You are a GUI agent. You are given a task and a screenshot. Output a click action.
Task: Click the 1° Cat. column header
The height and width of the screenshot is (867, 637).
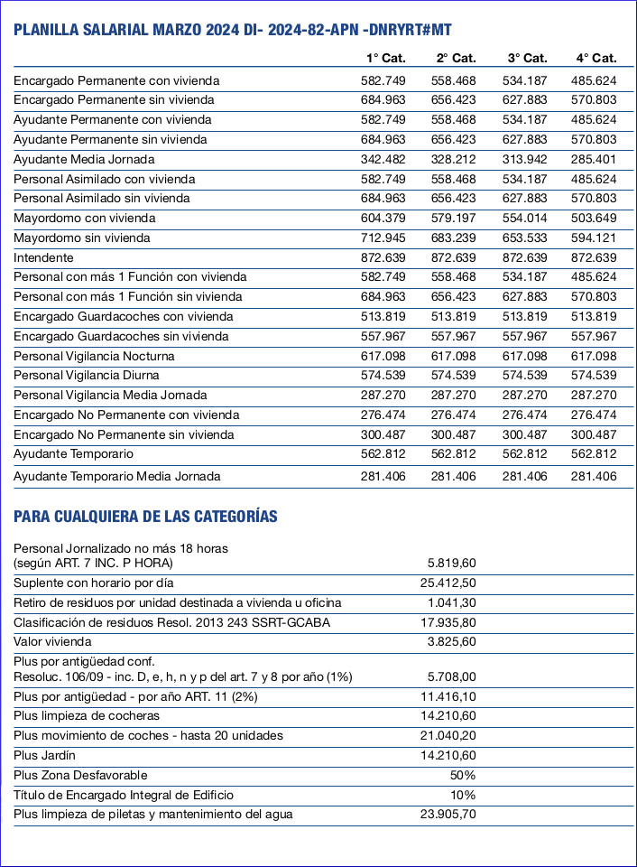[386, 58]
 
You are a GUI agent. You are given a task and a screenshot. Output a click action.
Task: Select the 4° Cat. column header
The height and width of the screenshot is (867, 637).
[596, 58]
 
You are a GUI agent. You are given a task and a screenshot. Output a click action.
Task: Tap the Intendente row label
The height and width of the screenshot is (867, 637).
[43, 257]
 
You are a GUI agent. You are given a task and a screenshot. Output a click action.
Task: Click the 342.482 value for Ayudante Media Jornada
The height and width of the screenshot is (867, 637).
[383, 159]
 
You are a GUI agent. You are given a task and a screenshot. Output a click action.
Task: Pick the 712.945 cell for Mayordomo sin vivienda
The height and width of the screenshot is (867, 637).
[383, 238]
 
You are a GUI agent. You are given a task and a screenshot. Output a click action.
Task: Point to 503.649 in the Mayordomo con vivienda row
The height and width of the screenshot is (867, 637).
[594, 218]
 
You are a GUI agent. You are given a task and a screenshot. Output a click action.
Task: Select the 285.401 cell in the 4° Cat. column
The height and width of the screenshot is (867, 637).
[594, 159]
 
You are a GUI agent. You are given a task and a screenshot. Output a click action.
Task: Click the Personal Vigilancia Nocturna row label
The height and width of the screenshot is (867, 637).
[94, 356]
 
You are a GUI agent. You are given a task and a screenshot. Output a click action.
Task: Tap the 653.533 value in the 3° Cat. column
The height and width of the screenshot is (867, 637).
[525, 238]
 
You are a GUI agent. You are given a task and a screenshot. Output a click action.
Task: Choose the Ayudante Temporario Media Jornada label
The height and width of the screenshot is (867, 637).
[116, 476]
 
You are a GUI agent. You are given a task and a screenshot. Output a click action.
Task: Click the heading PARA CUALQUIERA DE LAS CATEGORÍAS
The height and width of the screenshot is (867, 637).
[145, 517]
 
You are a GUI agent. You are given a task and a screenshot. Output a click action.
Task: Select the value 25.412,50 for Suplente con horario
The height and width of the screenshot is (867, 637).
[448, 583]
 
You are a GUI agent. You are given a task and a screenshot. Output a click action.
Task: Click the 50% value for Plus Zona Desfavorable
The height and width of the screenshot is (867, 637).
[463, 775]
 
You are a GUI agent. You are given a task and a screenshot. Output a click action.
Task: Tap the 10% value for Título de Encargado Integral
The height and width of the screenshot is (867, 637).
[463, 795]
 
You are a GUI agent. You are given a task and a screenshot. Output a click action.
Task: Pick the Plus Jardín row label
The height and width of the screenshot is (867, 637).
[44, 755]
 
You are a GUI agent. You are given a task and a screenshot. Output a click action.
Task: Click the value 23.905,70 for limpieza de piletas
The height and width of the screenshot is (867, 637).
[448, 814]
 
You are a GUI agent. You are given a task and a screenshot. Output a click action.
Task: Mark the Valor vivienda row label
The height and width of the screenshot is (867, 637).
[52, 641]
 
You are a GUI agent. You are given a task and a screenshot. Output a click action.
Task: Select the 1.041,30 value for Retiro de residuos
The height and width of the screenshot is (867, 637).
[452, 602]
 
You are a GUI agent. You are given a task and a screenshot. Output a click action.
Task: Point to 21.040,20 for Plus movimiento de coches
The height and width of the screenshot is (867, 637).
[448, 735]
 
